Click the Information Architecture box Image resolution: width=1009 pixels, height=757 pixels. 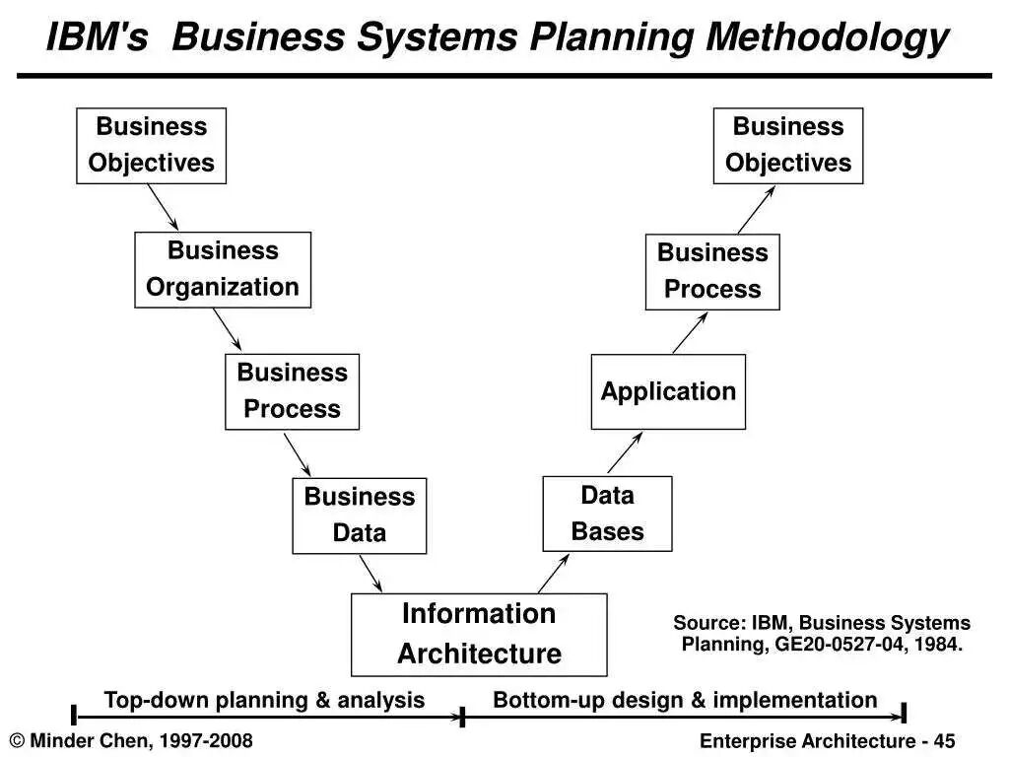pos(479,634)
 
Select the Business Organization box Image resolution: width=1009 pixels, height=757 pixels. pos(223,269)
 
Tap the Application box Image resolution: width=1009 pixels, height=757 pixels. pos(668,391)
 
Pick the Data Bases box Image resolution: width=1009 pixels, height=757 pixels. pos(607,514)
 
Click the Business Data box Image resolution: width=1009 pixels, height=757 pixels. pos(360,516)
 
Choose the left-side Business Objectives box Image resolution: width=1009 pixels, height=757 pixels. pos(151,145)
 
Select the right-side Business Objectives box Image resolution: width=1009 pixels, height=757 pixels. pos(788,145)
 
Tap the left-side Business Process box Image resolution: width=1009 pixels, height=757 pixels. pos(293,391)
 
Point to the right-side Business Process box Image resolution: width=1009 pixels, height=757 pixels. pos(712,271)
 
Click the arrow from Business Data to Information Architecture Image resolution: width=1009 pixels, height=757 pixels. pos(370,574)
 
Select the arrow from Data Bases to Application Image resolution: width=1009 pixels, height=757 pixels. pos(625,453)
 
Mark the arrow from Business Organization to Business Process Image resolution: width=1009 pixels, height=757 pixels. pos(227,330)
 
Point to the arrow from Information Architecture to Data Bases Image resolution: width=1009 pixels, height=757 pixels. pos(554,573)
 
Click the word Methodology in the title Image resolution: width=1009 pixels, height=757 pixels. pos(829,38)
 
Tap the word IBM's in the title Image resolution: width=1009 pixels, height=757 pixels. pos(97,38)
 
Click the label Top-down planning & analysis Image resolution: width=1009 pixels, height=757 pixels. pos(264,700)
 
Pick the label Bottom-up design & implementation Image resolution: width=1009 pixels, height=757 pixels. pos(685,700)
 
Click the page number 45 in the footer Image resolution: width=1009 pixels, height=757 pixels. pos(945,741)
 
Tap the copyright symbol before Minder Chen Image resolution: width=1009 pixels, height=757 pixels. pos(17,741)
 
